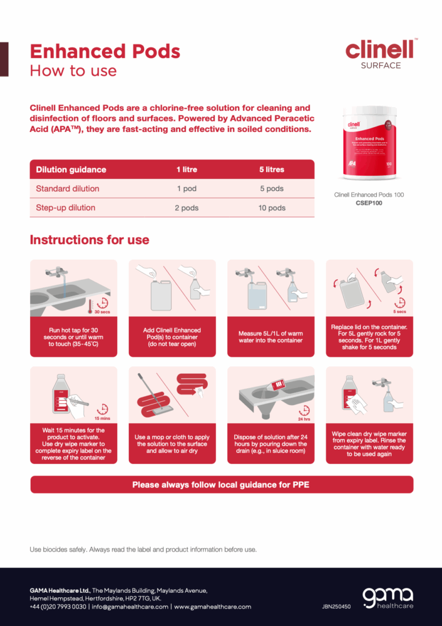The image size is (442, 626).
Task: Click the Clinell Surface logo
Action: coord(381,53)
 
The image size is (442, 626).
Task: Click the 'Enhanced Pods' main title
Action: coord(105,51)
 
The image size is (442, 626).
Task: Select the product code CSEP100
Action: coord(369,203)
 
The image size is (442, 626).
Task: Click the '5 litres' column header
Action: coord(272,170)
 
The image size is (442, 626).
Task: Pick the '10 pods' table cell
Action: coord(272,208)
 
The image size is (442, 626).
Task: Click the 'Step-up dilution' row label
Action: coord(66,208)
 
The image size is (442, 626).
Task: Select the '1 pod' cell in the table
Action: coord(186,188)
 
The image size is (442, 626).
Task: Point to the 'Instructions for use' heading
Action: coord(90,240)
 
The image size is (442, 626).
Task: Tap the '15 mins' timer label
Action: coord(101,418)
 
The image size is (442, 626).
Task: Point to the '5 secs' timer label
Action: coord(399,311)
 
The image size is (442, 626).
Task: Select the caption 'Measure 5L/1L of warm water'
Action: coord(270,337)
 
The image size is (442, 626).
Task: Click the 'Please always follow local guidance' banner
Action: coord(221,485)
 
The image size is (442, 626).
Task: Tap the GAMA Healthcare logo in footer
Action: coord(388,597)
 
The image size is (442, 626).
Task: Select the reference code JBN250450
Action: coord(336,607)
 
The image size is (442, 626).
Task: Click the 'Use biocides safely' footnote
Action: coord(143,550)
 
